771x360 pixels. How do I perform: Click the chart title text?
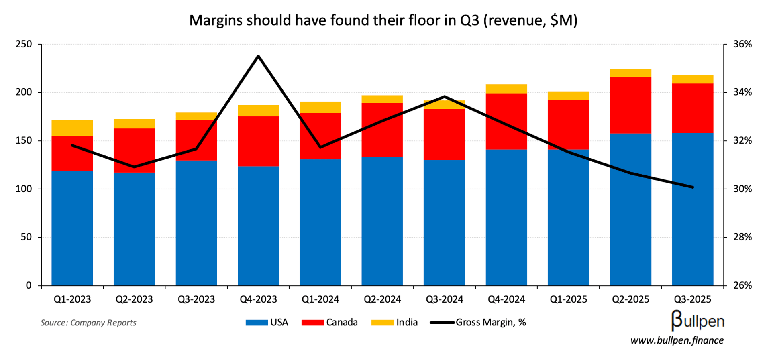pos(383,20)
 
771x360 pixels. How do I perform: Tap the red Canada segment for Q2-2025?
pos(630,105)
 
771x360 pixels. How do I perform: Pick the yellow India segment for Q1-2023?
pos(72,128)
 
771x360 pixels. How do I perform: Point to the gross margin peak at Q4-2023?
pos(258,56)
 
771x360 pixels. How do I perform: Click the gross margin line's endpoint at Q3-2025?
pos(693,187)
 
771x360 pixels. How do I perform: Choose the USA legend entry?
pos(267,322)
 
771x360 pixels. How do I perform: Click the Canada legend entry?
pos(330,322)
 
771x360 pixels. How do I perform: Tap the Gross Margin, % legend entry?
pos(478,322)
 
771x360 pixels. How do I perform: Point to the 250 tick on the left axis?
pos(24,44)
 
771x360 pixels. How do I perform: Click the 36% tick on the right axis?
pos(742,44)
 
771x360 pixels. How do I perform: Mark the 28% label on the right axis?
pos(742,237)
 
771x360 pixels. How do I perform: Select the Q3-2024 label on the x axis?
pos(445,299)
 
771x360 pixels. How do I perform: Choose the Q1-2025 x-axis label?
pos(569,299)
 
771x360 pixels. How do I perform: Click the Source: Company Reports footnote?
pos(88,323)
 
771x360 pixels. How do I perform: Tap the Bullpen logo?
pos(698,321)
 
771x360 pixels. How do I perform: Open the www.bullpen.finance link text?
pos(677,340)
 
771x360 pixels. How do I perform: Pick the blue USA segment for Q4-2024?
pos(506,217)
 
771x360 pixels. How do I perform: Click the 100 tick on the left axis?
pos(24,189)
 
